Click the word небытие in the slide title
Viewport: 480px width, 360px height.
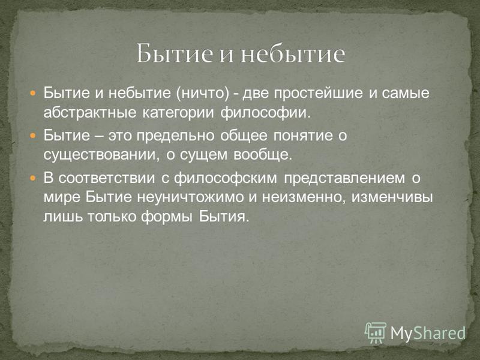click(x=293, y=53)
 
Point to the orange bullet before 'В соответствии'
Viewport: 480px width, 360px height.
click(x=33, y=177)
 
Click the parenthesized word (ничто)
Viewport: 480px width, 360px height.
click(x=203, y=93)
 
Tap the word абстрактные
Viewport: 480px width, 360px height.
click(x=89, y=112)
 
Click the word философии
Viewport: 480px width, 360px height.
click(x=265, y=113)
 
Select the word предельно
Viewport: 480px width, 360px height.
click(x=175, y=136)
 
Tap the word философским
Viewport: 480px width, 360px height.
click(x=226, y=178)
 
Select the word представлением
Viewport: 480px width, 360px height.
click(x=344, y=178)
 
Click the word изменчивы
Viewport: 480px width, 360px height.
click(x=392, y=197)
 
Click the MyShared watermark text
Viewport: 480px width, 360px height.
click(x=428, y=333)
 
